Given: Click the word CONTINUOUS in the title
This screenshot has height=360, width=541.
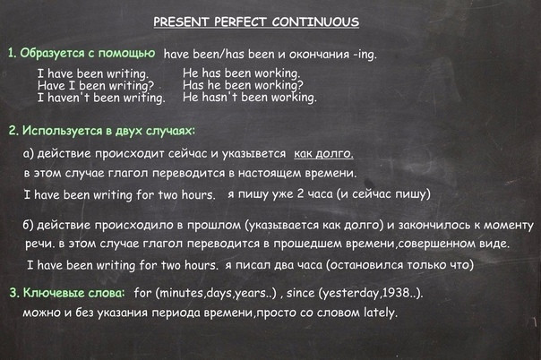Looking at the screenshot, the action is click(315, 21).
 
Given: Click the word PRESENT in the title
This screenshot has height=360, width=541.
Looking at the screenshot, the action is click(180, 21).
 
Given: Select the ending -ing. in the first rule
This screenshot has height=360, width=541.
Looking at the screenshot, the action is click(365, 55).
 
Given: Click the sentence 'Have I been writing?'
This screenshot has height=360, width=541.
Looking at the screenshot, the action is click(96, 85).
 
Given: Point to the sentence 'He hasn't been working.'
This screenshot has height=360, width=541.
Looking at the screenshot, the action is click(250, 98).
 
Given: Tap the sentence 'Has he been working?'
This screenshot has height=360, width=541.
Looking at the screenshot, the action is click(243, 85).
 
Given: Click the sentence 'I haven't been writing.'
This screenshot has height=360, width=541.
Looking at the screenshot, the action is click(101, 98).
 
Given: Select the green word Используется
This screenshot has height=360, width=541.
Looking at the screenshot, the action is click(63, 131).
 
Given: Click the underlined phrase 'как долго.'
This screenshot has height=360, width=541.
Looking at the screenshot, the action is click(323, 153).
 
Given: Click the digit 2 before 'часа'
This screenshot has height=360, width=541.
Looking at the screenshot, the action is click(300, 193).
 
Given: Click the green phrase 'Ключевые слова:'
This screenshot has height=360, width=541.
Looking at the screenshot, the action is click(73, 293).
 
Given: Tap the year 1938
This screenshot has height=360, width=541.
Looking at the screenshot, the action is click(397, 293).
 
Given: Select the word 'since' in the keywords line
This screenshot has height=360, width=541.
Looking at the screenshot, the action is click(300, 293).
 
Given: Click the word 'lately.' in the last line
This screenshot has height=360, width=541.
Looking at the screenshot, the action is click(380, 313).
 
